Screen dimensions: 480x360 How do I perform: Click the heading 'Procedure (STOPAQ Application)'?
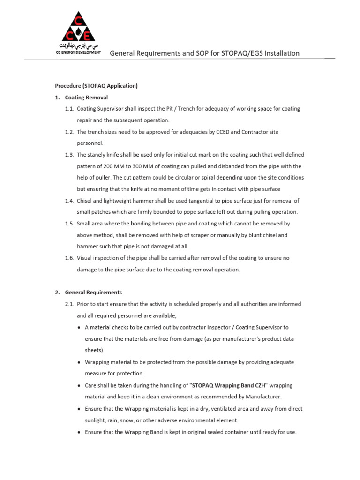pyautogui.click(x=96, y=86)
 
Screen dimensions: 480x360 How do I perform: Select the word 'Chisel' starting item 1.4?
pyautogui.click(x=85, y=201)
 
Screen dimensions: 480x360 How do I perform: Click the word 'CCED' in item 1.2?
pyautogui.click(x=210, y=132)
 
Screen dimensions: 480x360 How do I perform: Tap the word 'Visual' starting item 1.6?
pyautogui.click(x=85, y=258)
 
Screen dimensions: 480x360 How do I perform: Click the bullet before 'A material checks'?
pyautogui.click(x=78, y=327)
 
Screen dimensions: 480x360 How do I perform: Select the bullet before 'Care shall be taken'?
pyautogui.click(x=78, y=385)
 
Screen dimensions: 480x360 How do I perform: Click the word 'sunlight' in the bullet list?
pyautogui.click(x=96, y=420)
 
